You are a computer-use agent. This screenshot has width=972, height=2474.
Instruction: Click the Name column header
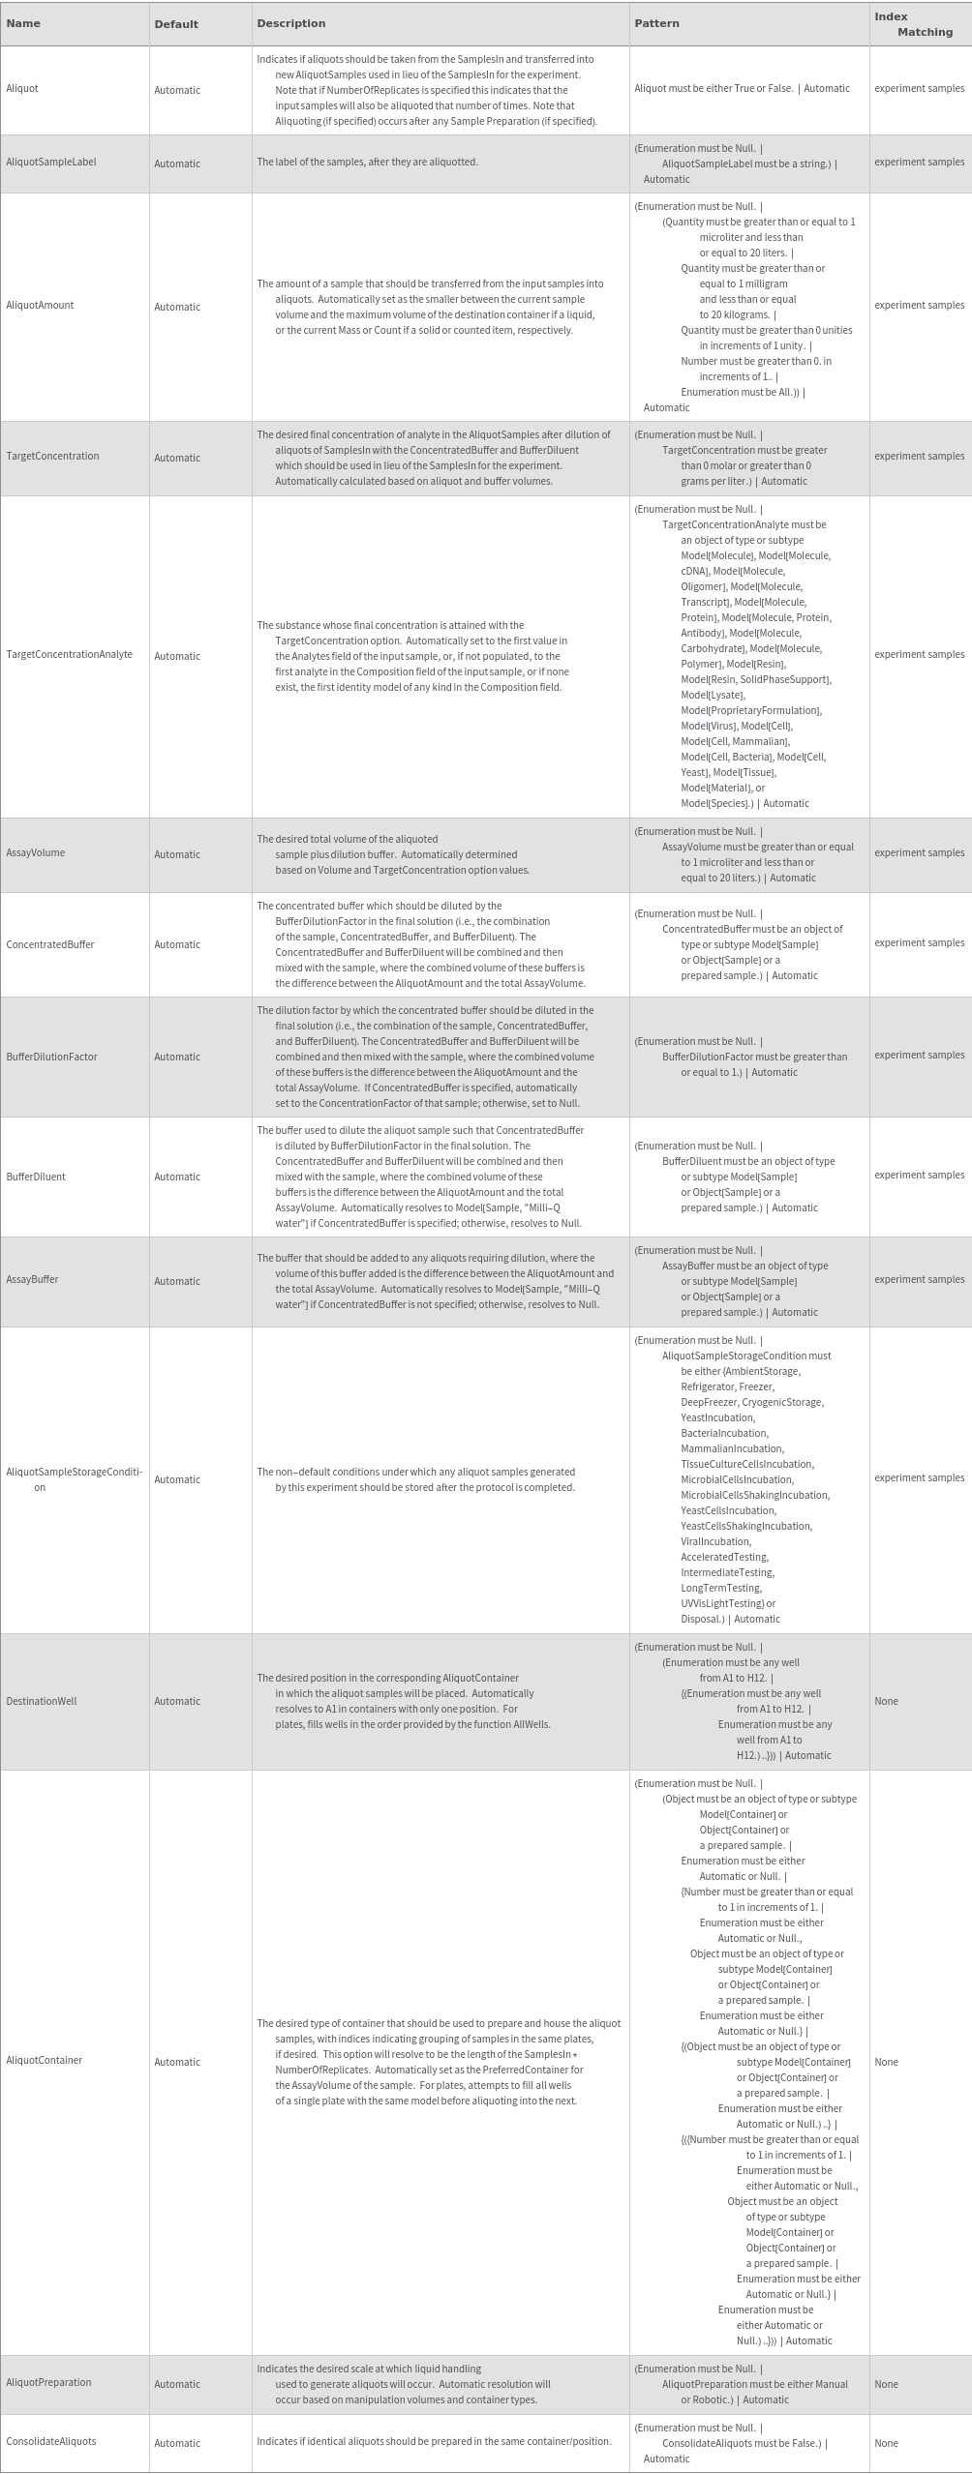click(23, 23)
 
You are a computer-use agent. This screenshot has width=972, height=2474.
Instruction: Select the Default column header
click(176, 24)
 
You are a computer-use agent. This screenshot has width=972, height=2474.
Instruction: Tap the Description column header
click(290, 23)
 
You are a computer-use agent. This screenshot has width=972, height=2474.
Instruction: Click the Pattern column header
click(656, 23)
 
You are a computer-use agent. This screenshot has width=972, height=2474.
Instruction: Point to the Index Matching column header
click(913, 24)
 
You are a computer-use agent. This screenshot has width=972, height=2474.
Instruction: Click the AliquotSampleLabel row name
click(51, 163)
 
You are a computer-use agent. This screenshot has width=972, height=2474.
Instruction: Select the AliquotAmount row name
click(40, 306)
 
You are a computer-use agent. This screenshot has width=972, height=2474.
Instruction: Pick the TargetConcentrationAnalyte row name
click(70, 655)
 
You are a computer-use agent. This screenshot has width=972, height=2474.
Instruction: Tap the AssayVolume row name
click(36, 853)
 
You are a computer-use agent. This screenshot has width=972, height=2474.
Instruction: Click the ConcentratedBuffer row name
click(50, 945)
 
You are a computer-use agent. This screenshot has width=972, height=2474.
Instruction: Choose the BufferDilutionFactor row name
click(52, 1058)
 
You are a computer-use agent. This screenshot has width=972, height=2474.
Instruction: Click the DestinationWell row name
click(42, 1701)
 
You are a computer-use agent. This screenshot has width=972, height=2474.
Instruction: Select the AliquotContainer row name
click(45, 2061)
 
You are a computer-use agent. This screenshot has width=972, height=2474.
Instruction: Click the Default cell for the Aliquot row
click(177, 90)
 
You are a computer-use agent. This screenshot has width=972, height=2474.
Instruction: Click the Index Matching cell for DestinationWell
click(886, 1701)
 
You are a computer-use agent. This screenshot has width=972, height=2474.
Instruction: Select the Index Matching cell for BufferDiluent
click(919, 1176)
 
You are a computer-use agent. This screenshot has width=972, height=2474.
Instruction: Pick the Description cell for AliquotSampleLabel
click(367, 163)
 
